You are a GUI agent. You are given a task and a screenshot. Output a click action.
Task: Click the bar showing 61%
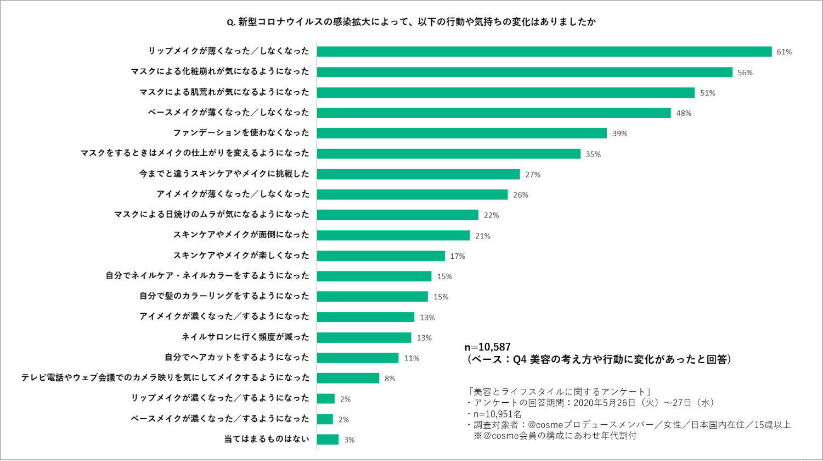544,52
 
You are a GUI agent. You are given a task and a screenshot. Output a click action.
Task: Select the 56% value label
745,73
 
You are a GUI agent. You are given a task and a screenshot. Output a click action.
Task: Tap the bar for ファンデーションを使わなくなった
461,133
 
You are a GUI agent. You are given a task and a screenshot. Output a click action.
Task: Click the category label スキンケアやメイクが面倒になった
241,235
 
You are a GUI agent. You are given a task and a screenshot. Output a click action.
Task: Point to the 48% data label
684,113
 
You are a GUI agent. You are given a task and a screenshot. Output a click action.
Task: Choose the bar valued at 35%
448,154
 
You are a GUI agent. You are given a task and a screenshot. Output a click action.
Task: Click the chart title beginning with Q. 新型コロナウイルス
411,23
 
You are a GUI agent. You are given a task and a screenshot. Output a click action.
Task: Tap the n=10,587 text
487,347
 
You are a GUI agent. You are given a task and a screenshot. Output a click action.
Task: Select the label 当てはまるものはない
267,439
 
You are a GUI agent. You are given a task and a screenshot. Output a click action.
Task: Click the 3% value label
349,440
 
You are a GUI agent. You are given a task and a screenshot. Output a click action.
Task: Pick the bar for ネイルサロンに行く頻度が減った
364,337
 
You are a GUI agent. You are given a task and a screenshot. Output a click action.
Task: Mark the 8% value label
390,379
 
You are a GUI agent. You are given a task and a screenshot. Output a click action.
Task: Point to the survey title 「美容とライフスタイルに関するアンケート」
560,392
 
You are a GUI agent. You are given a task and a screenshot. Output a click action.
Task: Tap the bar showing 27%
418,174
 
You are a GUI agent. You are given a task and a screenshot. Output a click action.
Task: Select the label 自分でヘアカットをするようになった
237,358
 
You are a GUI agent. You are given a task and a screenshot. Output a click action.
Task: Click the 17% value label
457,256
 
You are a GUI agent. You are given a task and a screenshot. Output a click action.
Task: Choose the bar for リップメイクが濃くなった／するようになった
325,399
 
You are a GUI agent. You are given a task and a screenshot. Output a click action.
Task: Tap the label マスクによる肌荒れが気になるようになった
224,92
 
